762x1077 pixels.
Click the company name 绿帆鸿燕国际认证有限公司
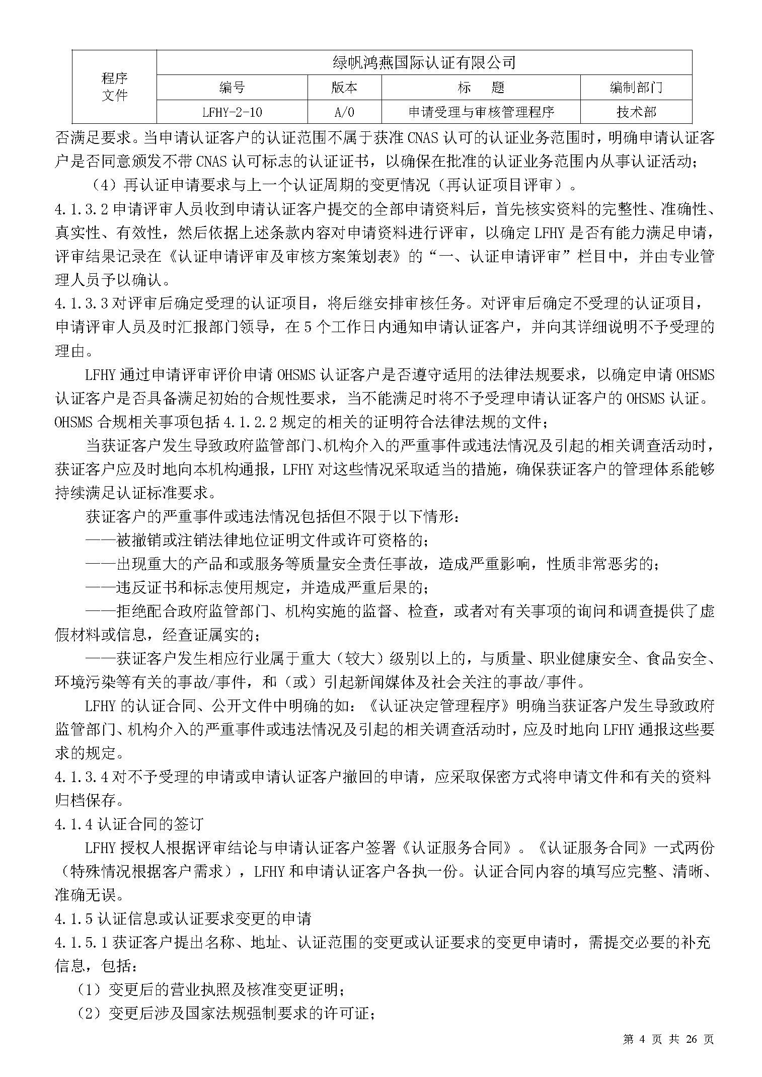(x=424, y=63)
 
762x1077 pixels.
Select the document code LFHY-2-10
(x=232, y=112)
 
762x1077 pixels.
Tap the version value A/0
(x=344, y=112)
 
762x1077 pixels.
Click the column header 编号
(x=232, y=88)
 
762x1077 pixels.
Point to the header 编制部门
(x=636, y=88)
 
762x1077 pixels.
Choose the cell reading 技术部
(x=636, y=112)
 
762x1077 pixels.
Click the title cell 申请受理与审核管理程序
(x=481, y=112)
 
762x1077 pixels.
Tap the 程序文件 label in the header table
(x=115, y=87)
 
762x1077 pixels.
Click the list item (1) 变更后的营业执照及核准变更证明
(x=210, y=990)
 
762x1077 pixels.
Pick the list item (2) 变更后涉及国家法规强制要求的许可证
(x=224, y=1014)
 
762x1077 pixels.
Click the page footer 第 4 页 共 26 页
(x=668, y=1050)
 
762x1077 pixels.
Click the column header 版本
(x=344, y=88)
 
